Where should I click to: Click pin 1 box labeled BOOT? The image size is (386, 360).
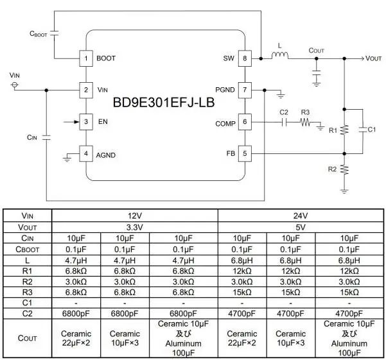click(x=86, y=58)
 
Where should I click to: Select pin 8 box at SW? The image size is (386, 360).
click(x=245, y=58)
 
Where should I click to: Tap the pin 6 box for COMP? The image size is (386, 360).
click(x=245, y=122)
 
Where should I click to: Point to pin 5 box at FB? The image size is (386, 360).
click(x=245, y=154)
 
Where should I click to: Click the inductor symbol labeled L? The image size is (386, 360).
click(x=281, y=57)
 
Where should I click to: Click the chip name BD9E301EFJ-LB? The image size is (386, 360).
click(x=164, y=103)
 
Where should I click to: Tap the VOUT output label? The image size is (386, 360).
click(x=373, y=58)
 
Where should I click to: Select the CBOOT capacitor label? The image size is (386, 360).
click(x=40, y=32)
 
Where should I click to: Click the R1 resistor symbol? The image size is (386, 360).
click(x=345, y=130)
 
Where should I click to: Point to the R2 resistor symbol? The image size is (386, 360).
click(x=345, y=169)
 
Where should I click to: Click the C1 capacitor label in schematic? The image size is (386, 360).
click(x=371, y=130)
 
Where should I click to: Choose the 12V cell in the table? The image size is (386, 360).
click(x=135, y=216)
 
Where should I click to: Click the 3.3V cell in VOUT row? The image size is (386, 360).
click(x=135, y=227)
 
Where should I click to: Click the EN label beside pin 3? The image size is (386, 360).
click(x=101, y=122)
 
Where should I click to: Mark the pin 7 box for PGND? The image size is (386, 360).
click(x=245, y=90)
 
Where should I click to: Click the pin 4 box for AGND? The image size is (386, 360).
click(x=86, y=154)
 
